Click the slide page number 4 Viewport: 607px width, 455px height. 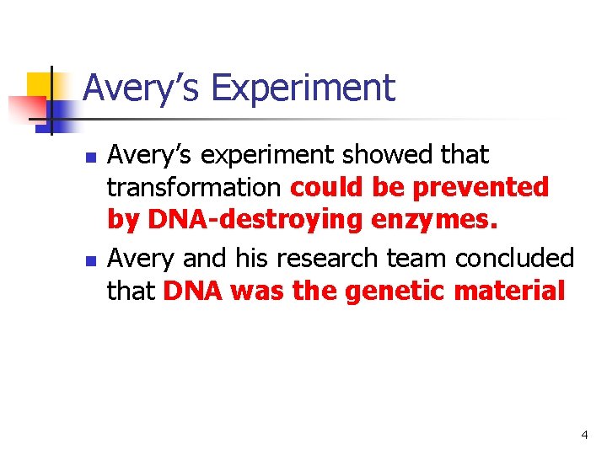[x=583, y=435]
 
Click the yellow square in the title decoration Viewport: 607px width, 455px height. [x=40, y=87]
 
